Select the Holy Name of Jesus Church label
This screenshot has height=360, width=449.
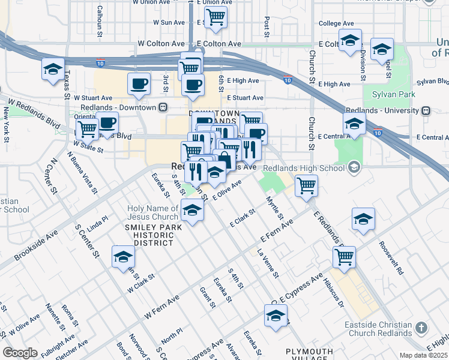[152, 212]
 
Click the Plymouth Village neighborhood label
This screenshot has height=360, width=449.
[309, 355]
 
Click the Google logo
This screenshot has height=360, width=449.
[20, 353]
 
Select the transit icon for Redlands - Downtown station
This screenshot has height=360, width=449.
[162, 107]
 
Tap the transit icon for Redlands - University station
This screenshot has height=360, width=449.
[426, 110]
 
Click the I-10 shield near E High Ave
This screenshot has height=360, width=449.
[288, 80]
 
